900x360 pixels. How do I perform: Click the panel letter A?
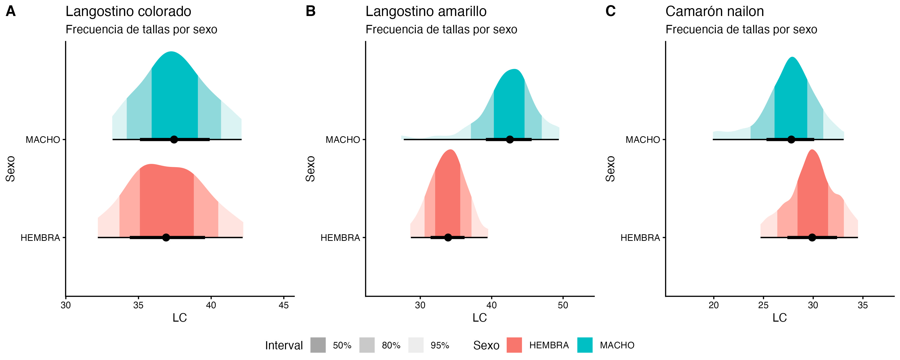(11, 11)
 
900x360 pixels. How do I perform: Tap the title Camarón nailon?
(715, 11)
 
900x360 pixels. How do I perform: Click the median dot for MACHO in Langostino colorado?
(174, 139)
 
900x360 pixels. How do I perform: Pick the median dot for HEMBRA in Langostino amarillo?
(448, 237)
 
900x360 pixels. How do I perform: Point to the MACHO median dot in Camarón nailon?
(791, 139)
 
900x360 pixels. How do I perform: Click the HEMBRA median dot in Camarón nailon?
(812, 237)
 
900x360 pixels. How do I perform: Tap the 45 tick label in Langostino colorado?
(283, 305)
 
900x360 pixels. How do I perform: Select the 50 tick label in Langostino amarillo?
(563, 305)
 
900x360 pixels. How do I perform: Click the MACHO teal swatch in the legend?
(585, 345)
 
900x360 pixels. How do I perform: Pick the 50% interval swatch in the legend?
(318, 345)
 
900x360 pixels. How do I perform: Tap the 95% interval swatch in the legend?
(416, 345)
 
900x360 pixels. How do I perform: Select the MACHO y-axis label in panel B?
(343, 140)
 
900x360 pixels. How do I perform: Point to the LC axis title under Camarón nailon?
(779, 318)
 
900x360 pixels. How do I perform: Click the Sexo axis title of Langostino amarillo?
(310, 169)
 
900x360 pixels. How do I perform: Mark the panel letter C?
(610, 11)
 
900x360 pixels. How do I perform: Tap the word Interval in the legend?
(284, 345)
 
